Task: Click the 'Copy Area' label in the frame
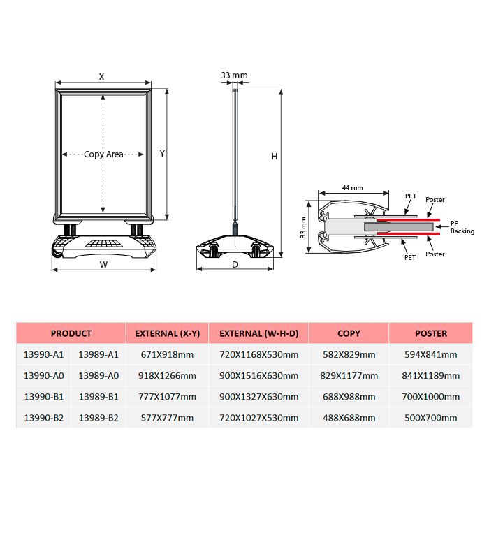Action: pos(103,154)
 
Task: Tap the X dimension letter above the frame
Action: pos(101,77)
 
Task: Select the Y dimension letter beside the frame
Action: pos(162,154)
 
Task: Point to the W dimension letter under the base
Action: pos(103,265)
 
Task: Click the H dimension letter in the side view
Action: pos(274,156)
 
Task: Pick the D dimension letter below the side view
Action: pos(235,265)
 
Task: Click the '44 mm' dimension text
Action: pos(353,187)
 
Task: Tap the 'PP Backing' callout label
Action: pos(462,227)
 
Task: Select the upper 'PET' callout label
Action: pos(411,196)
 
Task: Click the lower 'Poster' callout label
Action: pos(435,254)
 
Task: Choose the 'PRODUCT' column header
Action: pos(71,333)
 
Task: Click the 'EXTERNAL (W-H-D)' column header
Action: pos(258,333)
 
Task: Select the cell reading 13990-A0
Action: pos(43,375)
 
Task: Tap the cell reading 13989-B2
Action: pos(98,418)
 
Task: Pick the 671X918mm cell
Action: pos(167,354)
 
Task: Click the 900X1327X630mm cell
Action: pos(258,396)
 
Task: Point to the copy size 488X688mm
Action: pos(349,418)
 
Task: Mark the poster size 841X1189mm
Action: pos(430,375)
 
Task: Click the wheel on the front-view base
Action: pos(57,254)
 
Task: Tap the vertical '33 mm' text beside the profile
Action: pos(303,228)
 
